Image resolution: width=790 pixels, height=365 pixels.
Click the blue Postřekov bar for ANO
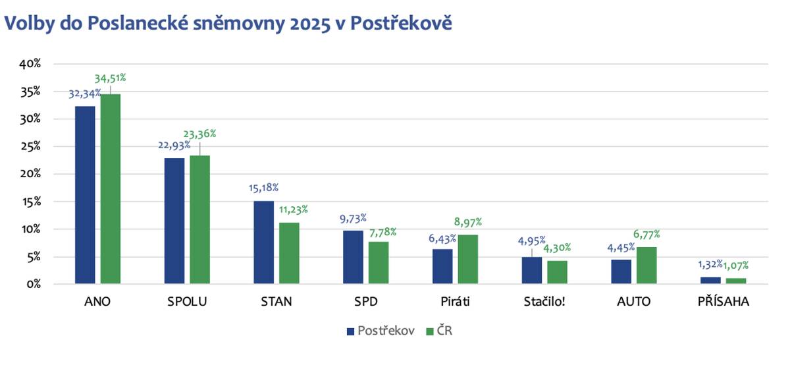(x=85, y=195)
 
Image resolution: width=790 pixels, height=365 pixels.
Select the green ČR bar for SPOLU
(x=200, y=219)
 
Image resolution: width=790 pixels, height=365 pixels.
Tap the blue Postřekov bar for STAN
(x=263, y=242)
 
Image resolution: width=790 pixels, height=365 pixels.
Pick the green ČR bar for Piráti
(x=468, y=259)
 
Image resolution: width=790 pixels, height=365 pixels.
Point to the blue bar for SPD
(x=353, y=257)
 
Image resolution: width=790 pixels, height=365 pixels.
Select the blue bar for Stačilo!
(x=531, y=270)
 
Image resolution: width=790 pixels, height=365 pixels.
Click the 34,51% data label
(x=110, y=78)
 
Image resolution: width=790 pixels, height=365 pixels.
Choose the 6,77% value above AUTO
(x=646, y=234)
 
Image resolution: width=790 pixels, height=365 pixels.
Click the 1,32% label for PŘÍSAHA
(x=710, y=266)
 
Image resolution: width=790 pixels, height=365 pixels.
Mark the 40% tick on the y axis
(x=30, y=65)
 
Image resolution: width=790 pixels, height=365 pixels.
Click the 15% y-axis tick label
(x=30, y=202)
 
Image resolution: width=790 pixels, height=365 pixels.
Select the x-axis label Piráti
(x=455, y=302)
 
